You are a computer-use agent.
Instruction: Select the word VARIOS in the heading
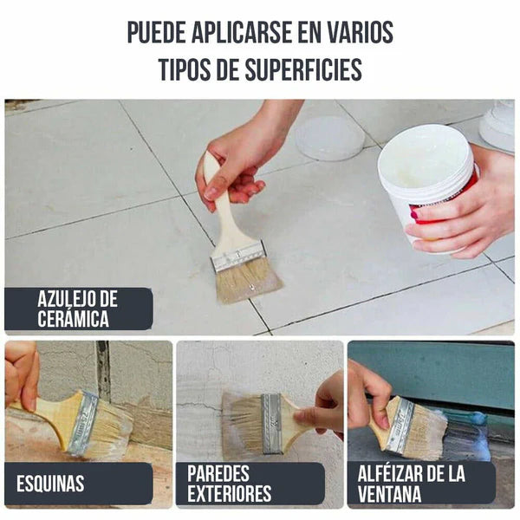(x=358, y=32)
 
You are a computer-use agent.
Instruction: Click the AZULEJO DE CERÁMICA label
(x=78, y=309)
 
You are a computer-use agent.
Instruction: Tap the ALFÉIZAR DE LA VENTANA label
(x=412, y=484)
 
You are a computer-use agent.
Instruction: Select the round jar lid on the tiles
(x=329, y=137)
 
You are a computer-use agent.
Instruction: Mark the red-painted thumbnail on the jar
(x=414, y=213)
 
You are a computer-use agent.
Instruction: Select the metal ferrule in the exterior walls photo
(x=271, y=422)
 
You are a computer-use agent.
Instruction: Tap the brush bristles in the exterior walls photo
(x=242, y=422)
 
